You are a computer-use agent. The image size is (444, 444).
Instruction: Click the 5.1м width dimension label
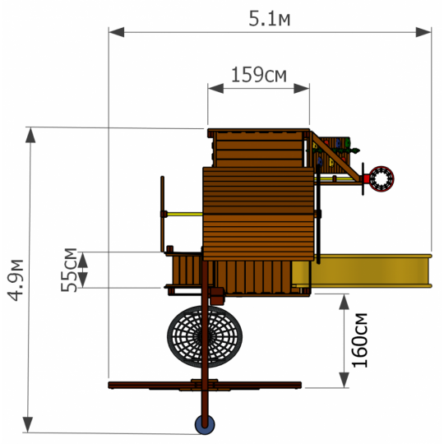point(270,19)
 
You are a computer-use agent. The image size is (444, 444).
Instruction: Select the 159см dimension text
point(259,75)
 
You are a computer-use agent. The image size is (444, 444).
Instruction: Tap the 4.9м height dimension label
point(16,280)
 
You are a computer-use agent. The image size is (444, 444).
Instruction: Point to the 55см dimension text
point(68,270)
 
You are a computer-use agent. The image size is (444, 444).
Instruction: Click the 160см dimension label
point(359,340)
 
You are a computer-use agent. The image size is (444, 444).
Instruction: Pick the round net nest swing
point(205,336)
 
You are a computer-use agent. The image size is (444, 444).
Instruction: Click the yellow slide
point(362,271)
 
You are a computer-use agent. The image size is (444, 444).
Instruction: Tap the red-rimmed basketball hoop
point(382,179)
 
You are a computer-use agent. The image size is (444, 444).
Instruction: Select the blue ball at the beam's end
point(205,425)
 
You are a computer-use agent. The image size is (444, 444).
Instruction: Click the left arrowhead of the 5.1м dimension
point(117,32)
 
